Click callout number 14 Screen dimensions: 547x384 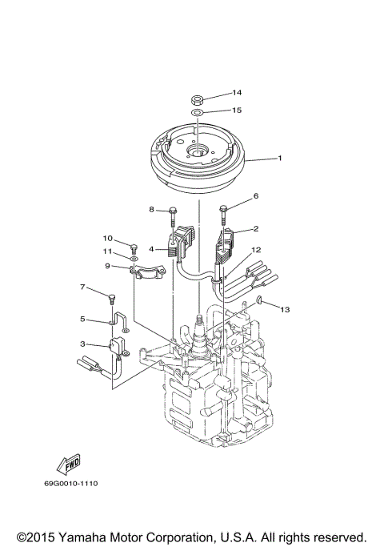pyautogui.click(x=237, y=93)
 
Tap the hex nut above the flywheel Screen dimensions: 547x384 pyautogui.click(x=197, y=101)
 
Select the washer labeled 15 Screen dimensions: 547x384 pyautogui.click(x=197, y=115)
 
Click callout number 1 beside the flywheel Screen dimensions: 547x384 pyautogui.click(x=279, y=158)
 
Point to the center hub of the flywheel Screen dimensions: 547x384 pyautogui.click(x=196, y=150)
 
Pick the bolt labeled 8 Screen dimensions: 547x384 pyautogui.click(x=173, y=214)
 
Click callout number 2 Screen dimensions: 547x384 pyautogui.click(x=255, y=228)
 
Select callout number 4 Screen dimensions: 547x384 pyautogui.click(x=150, y=249)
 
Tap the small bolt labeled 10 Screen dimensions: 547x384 pyautogui.click(x=134, y=247)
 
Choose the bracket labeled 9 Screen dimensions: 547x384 pyautogui.click(x=149, y=275)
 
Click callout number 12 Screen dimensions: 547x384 pyautogui.click(x=256, y=250)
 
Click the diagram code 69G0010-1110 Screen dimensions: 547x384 pyautogui.click(x=77, y=483)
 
